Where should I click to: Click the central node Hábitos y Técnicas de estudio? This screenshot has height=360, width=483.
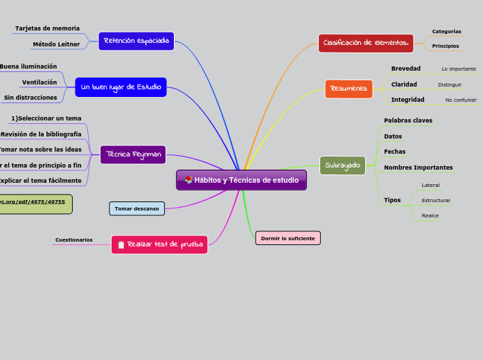(x=241, y=180)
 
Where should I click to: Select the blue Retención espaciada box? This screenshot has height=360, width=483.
(x=136, y=41)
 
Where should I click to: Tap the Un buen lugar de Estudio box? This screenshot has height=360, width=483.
(x=121, y=87)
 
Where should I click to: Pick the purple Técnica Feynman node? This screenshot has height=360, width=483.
(x=133, y=154)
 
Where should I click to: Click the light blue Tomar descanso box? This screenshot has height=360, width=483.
(x=137, y=208)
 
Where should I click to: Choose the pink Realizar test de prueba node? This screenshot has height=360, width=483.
(x=159, y=244)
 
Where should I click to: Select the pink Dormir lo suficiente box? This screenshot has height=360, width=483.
(x=288, y=238)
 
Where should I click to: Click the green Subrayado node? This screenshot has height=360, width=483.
(x=342, y=165)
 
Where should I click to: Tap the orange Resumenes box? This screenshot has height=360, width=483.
(x=349, y=89)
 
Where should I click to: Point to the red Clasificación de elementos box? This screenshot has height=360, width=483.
(x=366, y=43)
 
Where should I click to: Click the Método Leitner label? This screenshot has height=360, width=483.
(x=56, y=44)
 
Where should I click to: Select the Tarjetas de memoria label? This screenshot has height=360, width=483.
(x=47, y=28)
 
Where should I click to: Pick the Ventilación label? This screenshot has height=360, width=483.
(x=39, y=82)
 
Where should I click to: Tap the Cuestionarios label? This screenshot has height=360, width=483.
(x=73, y=240)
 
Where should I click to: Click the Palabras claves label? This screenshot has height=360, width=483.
(x=408, y=120)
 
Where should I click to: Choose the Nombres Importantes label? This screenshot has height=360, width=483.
(x=419, y=168)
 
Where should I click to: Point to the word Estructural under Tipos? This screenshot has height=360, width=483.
(x=436, y=201)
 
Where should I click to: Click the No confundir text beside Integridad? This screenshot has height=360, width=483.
(x=461, y=100)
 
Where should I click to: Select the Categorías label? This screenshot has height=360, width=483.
(x=446, y=31)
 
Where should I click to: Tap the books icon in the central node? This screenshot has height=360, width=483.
(x=188, y=180)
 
